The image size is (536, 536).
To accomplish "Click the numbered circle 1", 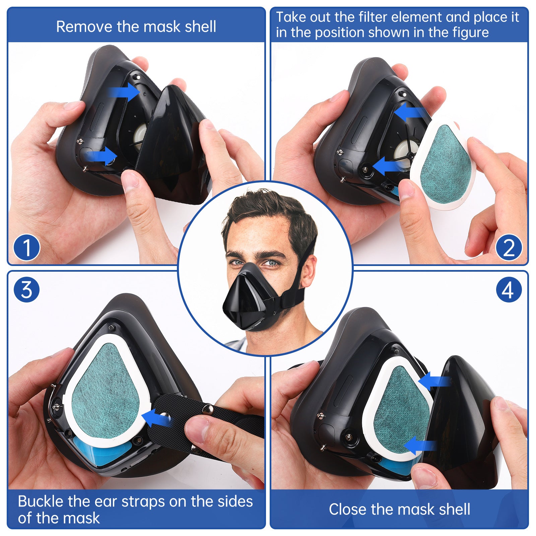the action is [26, 248].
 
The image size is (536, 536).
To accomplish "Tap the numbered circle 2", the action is [509, 248].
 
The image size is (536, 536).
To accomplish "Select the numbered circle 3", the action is [26, 289].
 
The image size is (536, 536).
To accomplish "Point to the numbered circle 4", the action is [509, 289].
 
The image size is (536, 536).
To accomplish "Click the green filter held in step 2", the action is [446, 164].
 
